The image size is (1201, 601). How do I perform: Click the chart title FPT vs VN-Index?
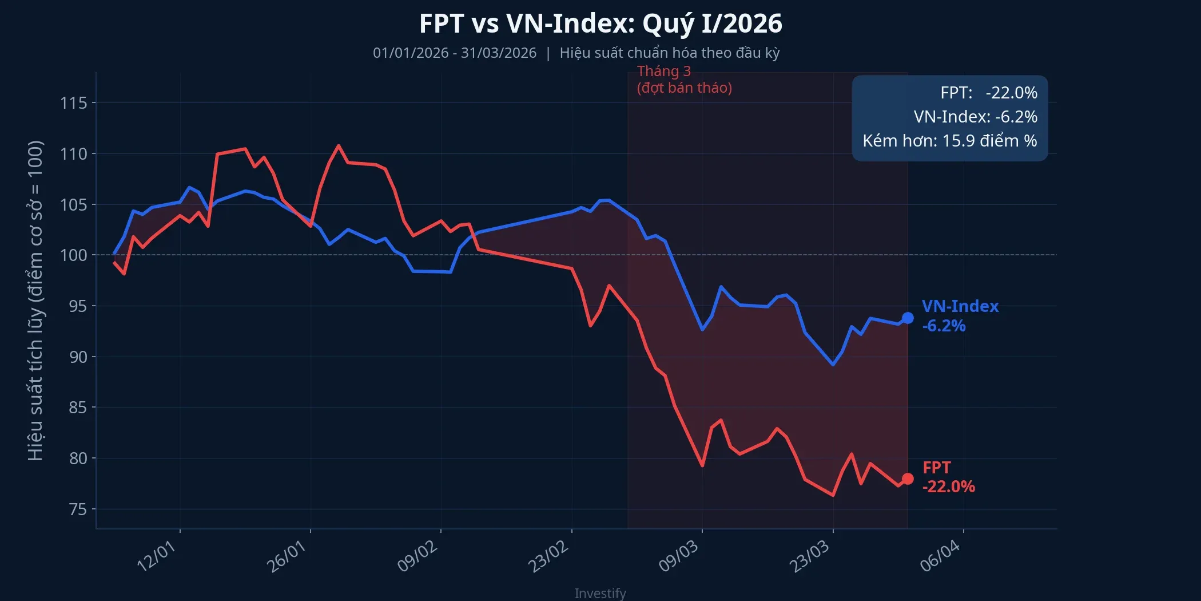tap(600, 24)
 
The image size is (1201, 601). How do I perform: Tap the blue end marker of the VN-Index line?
tap(908, 318)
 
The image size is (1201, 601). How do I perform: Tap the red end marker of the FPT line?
tap(908, 479)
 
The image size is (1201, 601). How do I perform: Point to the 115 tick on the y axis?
tap(74, 103)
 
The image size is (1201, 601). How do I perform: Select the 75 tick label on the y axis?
tap(78, 509)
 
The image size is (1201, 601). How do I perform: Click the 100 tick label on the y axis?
tap(74, 255)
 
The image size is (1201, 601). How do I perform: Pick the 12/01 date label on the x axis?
tap(156, 556)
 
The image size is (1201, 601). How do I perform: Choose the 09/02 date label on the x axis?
tap(417, 556)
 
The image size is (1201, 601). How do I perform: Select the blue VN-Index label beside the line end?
tap(960, 306)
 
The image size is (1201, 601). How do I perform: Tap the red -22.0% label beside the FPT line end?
tap(948, 487)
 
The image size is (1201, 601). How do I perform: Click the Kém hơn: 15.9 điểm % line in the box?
tap(949, 141)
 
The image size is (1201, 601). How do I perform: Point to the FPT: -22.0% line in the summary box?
tap(988, 93)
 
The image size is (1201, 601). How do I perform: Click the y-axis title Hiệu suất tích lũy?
tap(35, 300)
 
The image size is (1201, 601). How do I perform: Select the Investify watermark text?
tap(600, 593)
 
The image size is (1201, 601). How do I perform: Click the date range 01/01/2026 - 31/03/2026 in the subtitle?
tap(455, 53)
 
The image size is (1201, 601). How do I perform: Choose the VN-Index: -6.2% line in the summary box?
tap(975, 117)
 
